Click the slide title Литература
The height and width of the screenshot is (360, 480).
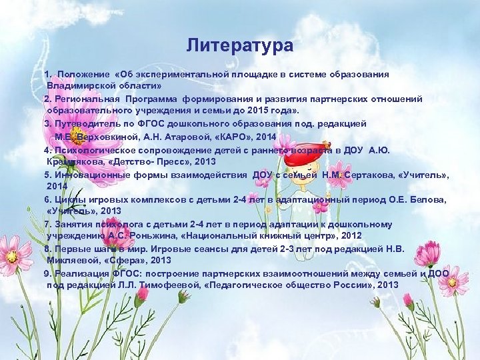[239, 45]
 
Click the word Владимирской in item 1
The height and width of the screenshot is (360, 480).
[78, 87]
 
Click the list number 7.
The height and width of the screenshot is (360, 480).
[47, 224]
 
